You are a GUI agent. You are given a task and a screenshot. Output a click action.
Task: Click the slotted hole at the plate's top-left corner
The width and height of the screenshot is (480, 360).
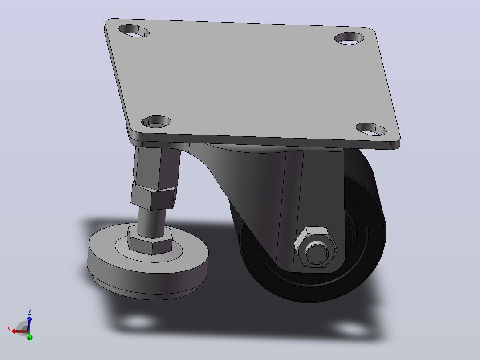pos(134,31)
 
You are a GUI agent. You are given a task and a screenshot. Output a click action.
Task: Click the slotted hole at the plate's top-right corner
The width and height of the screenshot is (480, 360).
pos(349,38)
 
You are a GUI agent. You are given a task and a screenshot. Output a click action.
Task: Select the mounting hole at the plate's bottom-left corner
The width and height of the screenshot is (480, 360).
pos(156,122)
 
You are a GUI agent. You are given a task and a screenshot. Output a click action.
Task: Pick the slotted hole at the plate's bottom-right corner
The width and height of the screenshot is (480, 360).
pos(371,129)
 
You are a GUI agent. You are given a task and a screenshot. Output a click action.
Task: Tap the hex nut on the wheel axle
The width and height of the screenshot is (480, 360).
pos(315,247)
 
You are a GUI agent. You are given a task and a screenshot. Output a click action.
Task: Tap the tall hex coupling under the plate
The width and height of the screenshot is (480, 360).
pos(156,168)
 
